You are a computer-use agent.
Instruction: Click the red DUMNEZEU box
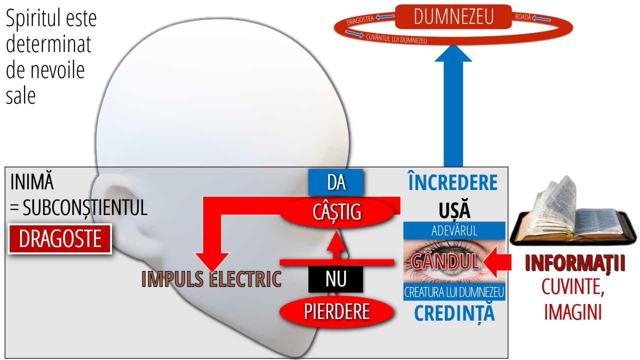tap(453, 17)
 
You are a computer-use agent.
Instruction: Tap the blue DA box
tap(335, 182)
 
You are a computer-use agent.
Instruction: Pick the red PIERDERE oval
tap(336, 311)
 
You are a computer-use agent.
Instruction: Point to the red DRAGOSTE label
tap(60, 239)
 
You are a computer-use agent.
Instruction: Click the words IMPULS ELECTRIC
tap(211, 279)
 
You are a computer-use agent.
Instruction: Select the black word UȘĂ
tap(454, 210)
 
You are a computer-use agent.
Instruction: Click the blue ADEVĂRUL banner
tap(454, 230)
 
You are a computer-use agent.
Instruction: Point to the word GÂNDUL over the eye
tap(445, 261)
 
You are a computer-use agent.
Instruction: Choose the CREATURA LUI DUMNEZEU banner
tap(454, 291)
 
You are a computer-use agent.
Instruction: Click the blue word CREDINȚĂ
tap(454, 312)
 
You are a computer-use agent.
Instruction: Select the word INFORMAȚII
tap(575, 264)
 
